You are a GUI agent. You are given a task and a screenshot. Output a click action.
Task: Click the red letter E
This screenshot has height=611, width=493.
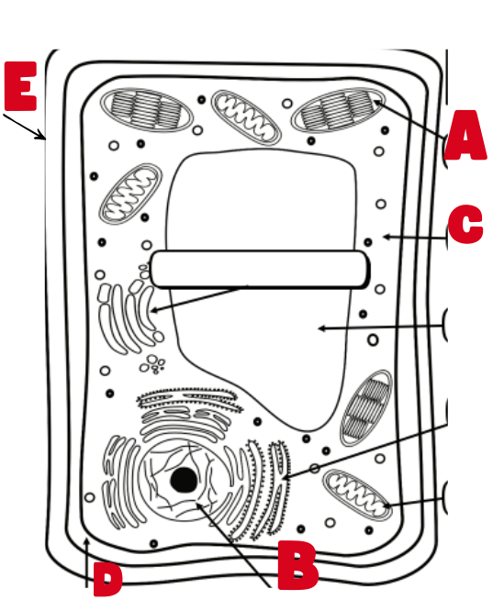point(21,86)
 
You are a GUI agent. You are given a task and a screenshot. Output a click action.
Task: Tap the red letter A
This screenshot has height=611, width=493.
point(465,135)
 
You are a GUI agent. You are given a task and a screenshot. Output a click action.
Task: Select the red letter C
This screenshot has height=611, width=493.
point(465,224)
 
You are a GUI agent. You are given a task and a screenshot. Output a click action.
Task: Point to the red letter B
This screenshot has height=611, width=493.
point(297,565)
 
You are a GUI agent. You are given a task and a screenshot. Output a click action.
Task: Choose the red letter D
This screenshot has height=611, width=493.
point(107,580)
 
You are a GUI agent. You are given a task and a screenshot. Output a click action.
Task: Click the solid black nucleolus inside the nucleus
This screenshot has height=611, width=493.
point(184,480)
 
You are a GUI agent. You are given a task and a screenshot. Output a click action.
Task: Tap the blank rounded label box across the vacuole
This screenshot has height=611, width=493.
point(260,270)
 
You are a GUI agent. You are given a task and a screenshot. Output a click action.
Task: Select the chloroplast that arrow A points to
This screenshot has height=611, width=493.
point(338,109)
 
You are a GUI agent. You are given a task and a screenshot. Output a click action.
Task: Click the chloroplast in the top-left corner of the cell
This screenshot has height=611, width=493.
point(146,109)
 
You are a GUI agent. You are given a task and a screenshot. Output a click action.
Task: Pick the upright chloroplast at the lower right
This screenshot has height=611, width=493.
point(366,408)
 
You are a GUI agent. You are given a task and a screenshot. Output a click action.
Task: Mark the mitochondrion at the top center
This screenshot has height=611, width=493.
point(246,117)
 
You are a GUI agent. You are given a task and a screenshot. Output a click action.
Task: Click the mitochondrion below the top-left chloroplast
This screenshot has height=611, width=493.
point(130,194)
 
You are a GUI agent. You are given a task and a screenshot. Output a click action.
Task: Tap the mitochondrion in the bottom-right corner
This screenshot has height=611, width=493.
point(357,494)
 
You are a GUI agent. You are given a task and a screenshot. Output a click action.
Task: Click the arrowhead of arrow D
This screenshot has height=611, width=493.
point(86,541)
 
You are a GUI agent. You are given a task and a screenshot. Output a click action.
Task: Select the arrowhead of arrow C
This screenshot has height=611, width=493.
point(387,237)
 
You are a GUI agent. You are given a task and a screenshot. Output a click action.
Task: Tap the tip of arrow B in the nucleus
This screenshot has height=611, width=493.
point(198,505)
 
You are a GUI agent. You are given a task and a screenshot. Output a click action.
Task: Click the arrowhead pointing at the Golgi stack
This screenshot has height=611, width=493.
point(153,311)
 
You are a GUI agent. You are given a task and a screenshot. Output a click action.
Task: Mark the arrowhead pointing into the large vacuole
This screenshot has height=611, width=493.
point(321,328)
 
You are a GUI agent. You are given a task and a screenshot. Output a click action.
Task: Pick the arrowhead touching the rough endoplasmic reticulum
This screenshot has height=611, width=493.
point(286,477)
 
